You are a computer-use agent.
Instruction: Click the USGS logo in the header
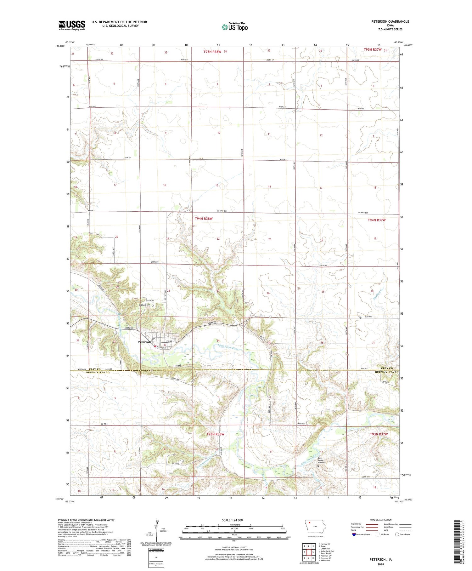click(x=72, y=25)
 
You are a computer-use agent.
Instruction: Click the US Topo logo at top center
click(x=235, y=27)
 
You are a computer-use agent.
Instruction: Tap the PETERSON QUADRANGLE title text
click(x=390, y=21)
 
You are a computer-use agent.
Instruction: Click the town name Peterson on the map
click(x=144, y=342)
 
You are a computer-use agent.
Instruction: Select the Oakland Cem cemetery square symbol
click(x=153, y=305)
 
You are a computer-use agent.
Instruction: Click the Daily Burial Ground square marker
click(x=318, y=465)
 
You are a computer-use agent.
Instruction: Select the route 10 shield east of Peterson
click(x=187, y=334)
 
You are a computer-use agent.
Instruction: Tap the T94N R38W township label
click(x=204, y=219)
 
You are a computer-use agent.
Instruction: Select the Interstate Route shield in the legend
click(x=354, y=534)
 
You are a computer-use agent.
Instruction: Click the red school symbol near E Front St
click(x=155, y=346)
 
